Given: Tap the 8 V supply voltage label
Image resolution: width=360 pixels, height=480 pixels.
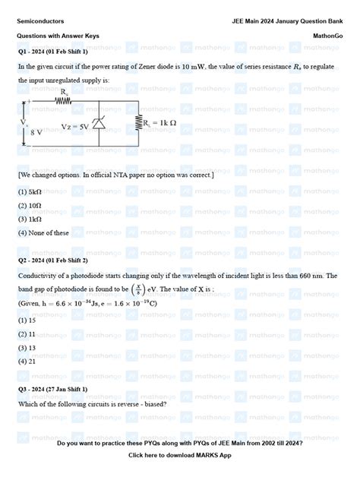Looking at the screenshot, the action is click(x=36, y=131).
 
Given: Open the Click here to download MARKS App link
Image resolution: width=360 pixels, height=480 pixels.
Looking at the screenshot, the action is click(x=179, y=456).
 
